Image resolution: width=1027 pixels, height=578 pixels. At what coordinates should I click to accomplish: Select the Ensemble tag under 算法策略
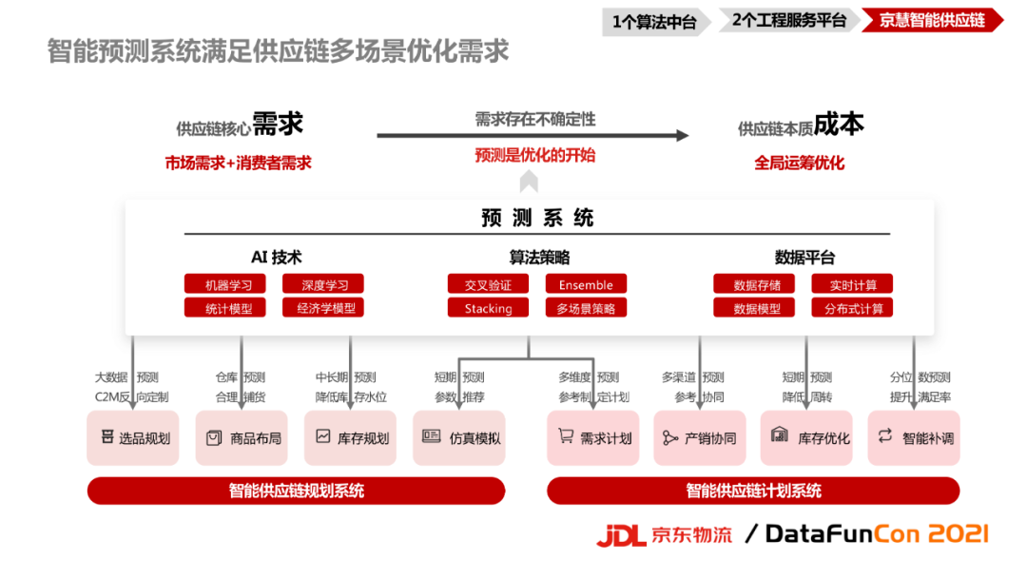pyautogui.click(x=586, y=284)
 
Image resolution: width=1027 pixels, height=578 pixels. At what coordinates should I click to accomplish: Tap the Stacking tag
pyautogui.click(x=488, y=308)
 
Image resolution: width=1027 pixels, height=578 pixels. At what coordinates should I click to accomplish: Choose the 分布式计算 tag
pyautogui.click(x=853, y=308)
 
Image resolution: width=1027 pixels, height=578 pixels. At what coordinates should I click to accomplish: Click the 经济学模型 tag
pyautogui.click(x=323, y=308)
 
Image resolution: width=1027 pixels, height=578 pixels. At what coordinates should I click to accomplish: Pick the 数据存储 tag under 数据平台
pyautogui.click(x=756, y=284)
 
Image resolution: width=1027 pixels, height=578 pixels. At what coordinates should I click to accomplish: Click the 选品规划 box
pyautogui.click(x=133, y=438)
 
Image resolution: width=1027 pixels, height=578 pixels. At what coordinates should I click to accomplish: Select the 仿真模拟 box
pyautogui.click(x=459, y=438)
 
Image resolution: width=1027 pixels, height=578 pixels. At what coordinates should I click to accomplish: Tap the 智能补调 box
pyautogui.click(x=914, y=438)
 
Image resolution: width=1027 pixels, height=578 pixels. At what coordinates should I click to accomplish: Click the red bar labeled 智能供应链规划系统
pyautogui.click(x=296, y=491)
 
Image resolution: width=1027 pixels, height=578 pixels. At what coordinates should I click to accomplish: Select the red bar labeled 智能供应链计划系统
pyautogui.click(x=753, y=491)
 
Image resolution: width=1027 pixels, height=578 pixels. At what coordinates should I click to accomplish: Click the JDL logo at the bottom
pyautogui.click(x=621, y=535)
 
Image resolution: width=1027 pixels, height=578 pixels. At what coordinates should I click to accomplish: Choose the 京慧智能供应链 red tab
pyautogui.click(x=932, y=21)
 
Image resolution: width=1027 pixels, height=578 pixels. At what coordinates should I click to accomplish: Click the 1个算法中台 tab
pyautogui.click(x=654, y=21)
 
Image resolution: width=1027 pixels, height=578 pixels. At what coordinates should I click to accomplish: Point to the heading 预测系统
pyautogui.click(x=537, y=218)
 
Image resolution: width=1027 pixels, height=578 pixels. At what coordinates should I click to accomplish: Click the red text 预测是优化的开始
pyautogui.click(x=535, y=155)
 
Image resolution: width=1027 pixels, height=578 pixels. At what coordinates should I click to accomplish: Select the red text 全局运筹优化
pyautogui.click(x=800, y=163)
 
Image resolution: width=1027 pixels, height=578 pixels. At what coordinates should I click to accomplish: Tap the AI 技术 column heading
pyautogui.click(x=276, y=258)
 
